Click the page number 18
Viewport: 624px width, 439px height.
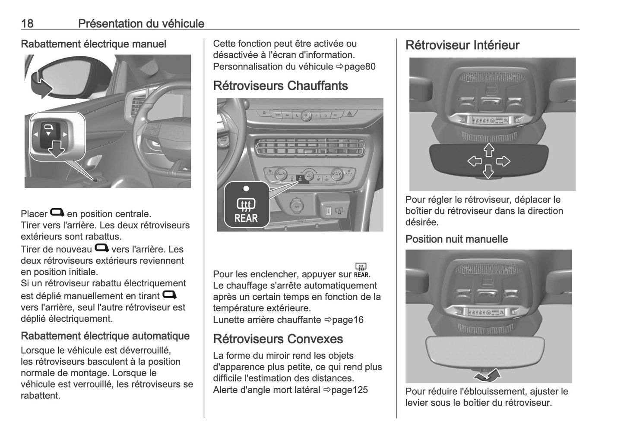click(x=27, y=23)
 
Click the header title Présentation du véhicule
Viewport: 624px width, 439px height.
click(x=141, y=23)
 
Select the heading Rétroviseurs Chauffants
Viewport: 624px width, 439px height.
click(x=280, y=86)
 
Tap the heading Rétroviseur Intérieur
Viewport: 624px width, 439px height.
click(x=462, y=45)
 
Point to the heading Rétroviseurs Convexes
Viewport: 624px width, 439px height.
click(x=278, y=339)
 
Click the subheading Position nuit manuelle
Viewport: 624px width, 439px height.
click(x=456, y=239)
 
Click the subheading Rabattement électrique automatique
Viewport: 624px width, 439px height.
click(x=105, y=336)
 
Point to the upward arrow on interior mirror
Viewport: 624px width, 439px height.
click(x=488, y=150)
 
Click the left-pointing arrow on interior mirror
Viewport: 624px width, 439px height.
click(x=475, y=161)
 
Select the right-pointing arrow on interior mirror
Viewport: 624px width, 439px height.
click(x=503, y=161)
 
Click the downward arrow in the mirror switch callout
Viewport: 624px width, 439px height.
click(x=56, y=149)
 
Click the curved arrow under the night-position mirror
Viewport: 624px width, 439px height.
click(x=488, y=375)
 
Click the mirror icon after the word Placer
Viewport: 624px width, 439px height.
click(x=57, y=213)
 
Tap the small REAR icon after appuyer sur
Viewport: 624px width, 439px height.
click(x=361, y=270)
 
